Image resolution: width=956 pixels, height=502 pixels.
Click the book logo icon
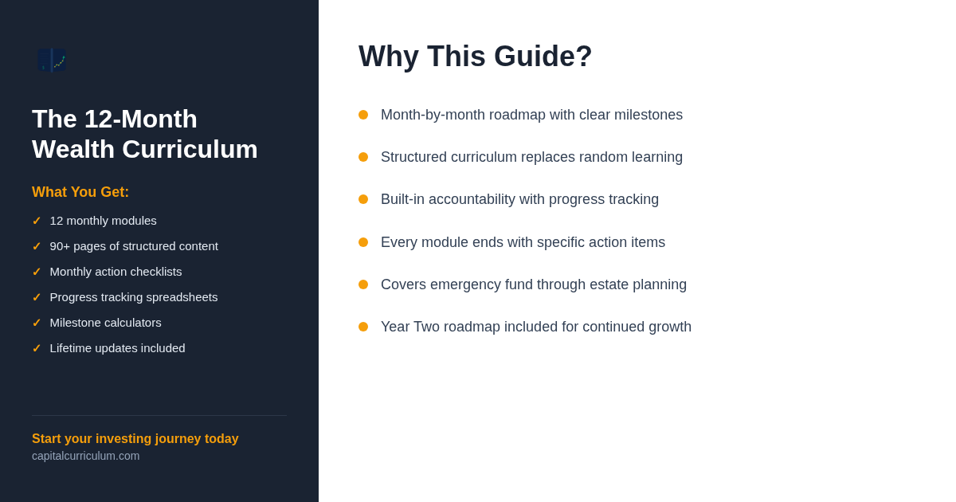[52, 61]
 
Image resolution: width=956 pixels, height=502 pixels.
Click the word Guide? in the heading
[543, 57]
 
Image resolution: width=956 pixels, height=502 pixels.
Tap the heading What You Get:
[80, 192]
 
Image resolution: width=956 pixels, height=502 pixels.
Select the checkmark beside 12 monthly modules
[37, 221]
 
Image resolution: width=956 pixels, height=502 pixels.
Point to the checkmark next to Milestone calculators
[37, 323]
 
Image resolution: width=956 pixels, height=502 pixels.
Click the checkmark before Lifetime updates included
[37, 348]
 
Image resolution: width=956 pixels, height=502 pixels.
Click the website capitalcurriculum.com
[86, 456]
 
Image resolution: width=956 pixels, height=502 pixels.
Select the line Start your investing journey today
[135, 438]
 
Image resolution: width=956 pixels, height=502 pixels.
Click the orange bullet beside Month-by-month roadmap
[363, 115]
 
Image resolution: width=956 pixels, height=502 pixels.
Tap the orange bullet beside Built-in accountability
[363, 199]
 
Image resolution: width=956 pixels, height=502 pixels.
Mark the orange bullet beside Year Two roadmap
[363, 327]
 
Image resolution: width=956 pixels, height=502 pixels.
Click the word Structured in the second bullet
[414, 157]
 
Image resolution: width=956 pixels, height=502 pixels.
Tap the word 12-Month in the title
[141, 119]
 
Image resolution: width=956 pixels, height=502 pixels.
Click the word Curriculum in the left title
[190, 150]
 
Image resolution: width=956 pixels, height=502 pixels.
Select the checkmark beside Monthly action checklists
[37, 272]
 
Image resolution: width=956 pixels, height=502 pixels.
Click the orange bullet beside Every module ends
[363, 242]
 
